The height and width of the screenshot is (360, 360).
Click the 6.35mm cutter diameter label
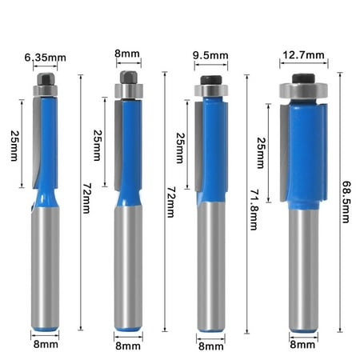click(x=46, y=58)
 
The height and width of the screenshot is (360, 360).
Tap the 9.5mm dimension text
click(x=210, y=55)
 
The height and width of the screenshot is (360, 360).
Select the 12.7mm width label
click(x=303, y=55)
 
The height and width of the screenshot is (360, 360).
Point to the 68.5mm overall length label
click(x=346, y=202)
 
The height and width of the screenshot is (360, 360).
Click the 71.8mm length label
click(x=254, y=210)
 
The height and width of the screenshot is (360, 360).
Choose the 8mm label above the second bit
click(x=127, y=54)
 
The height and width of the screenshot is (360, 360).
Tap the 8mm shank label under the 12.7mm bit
click(x=302, y=345)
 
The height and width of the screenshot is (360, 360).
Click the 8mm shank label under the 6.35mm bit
click(x=46, y=344)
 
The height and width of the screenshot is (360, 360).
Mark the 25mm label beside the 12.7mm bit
click(x=261, y=153)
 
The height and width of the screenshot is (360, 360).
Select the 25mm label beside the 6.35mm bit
click(x=14, y=146)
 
